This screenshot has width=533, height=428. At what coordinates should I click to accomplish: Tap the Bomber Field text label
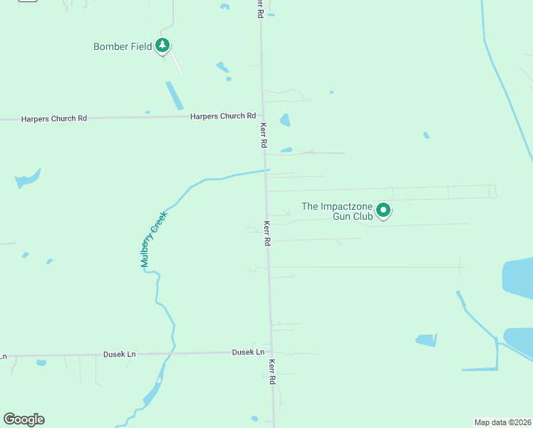tap(123, 47)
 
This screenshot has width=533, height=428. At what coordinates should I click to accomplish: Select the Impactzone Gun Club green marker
tap(383, 210)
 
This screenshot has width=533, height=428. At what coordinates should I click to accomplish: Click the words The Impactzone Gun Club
tap(337, 211)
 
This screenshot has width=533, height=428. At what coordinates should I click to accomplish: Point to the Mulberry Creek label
tap(153, 239)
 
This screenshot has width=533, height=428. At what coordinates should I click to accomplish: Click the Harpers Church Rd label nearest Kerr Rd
tap(222, 116)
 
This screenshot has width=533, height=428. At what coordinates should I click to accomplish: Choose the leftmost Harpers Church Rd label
tap(53, 118)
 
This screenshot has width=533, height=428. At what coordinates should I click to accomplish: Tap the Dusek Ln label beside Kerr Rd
tap(248, 352)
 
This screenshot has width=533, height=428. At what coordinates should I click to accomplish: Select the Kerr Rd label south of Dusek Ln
tap(272, 372)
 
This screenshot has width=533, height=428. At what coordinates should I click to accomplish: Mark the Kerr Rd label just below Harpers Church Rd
tap(263, 134)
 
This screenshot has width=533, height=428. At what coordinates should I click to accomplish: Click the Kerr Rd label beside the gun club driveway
tap(267, 233)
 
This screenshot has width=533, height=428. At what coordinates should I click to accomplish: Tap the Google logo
tap(24, 419)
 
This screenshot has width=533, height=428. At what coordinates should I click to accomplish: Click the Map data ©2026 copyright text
tap(503, 422)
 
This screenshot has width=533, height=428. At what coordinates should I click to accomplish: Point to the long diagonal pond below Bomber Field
tap(173, 96)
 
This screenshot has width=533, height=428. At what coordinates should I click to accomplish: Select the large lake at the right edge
tap(518, 278)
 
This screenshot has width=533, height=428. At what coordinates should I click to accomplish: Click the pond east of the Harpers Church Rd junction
tap(285, 120)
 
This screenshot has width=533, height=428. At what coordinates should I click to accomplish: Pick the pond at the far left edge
tap(27, 179)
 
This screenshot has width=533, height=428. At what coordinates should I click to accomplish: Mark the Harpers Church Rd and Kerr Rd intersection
tap(262, 116)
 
